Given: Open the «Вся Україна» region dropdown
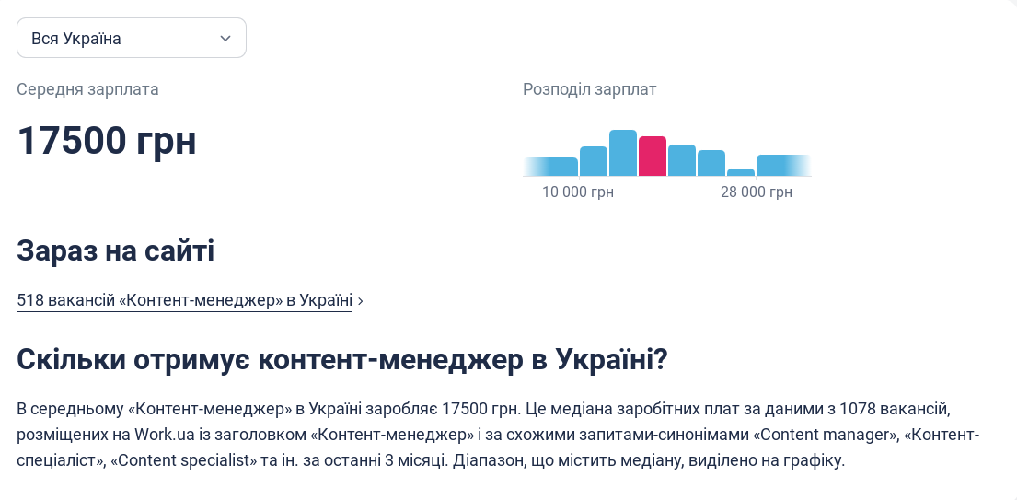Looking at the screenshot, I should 131,38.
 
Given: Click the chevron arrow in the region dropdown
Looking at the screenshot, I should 225,38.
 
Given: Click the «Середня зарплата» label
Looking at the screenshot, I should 87,89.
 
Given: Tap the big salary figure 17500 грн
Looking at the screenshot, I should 107,141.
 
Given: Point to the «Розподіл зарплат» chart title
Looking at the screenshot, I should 589,89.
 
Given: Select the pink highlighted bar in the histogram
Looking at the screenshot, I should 652,157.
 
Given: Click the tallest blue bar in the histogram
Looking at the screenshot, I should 623,153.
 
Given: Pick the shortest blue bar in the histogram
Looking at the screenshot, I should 740,172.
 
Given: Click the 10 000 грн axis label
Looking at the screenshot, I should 577,192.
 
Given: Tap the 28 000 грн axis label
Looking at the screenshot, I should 756,192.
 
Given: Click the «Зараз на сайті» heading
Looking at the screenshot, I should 115,250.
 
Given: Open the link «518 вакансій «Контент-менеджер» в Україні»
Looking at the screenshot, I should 184,300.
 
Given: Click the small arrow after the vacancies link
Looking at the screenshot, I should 360,301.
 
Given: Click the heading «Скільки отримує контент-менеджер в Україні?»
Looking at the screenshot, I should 341,360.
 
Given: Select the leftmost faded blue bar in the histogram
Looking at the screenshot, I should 550,167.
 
